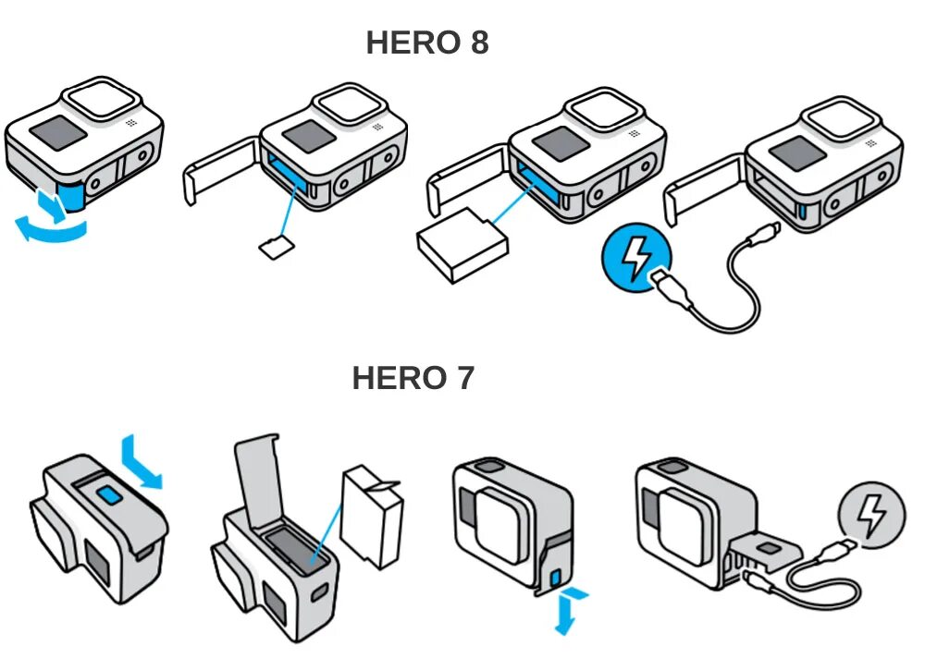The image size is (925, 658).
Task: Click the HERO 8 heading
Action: tap(426, 43)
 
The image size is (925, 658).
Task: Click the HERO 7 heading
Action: tap(413, 378)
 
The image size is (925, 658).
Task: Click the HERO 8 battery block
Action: tap(462, 247)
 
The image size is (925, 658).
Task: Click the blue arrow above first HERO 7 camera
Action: tap(142, 460)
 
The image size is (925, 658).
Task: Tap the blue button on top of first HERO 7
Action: tap(111, 495)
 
